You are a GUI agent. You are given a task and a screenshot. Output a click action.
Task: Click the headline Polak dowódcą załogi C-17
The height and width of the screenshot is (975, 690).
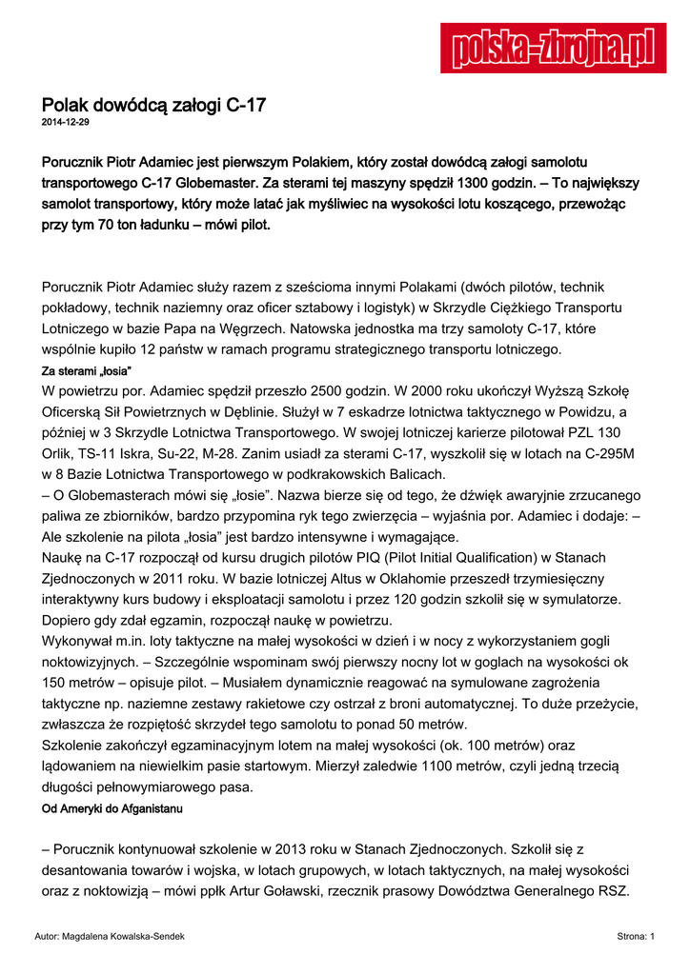pos(153,106)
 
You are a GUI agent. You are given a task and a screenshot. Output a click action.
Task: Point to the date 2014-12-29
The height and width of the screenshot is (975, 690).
pos(66,124)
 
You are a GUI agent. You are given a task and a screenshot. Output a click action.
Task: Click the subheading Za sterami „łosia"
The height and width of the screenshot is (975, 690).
pos(86,369)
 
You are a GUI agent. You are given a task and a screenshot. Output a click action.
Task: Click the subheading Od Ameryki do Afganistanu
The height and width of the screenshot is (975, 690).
pos(112,808)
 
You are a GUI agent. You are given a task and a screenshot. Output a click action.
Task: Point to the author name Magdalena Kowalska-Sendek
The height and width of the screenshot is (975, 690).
pos(122,937)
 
